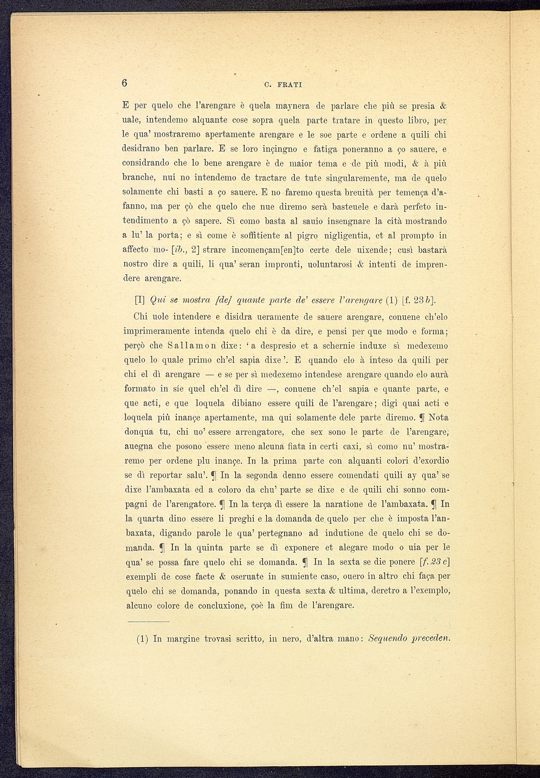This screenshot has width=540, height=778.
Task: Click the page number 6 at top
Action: [125, 82]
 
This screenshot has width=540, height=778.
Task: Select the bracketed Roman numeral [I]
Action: [139, 301]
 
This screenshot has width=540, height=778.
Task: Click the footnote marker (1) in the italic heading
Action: [391, 301]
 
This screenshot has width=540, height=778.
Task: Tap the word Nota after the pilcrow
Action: [438, 418]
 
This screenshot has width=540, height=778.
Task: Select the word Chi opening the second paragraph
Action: [142, 317]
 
